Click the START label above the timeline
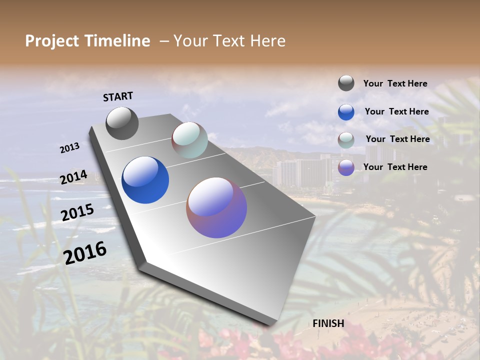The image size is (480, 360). pos(118,96)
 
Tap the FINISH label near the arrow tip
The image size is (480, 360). pos(328,323)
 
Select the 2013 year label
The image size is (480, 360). pos(69,148)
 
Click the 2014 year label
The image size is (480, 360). pos(73,177)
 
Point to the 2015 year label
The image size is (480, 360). pos(77,212)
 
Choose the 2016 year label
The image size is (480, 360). pos(85,252)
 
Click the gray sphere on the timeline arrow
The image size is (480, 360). pos(122,123)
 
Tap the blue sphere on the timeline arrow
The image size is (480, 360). pos(145,180)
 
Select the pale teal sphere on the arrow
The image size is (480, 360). pos(189,140)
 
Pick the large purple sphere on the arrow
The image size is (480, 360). pos(216,207)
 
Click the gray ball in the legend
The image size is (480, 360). pos(346,83)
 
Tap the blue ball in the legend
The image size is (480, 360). pos(346,112)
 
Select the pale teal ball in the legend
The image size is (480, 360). pos(346,140)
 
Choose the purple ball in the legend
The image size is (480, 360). pos(346,167)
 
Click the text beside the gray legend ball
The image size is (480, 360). pos(395,84)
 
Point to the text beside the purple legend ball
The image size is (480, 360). pos(395,167)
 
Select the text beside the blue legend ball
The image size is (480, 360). pos(396,111)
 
